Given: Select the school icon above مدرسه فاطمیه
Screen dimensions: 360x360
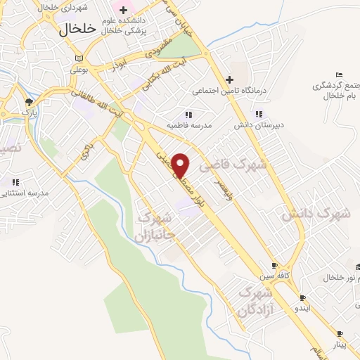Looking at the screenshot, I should pos(188,114).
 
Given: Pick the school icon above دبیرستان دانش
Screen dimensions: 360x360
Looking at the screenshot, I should pos(259,114).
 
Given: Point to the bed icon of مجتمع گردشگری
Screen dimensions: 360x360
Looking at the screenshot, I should pos(340,75).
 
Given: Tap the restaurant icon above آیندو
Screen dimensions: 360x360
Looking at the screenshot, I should pos(302,298).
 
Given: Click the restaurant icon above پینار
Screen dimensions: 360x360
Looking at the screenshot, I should pos(340,333).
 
